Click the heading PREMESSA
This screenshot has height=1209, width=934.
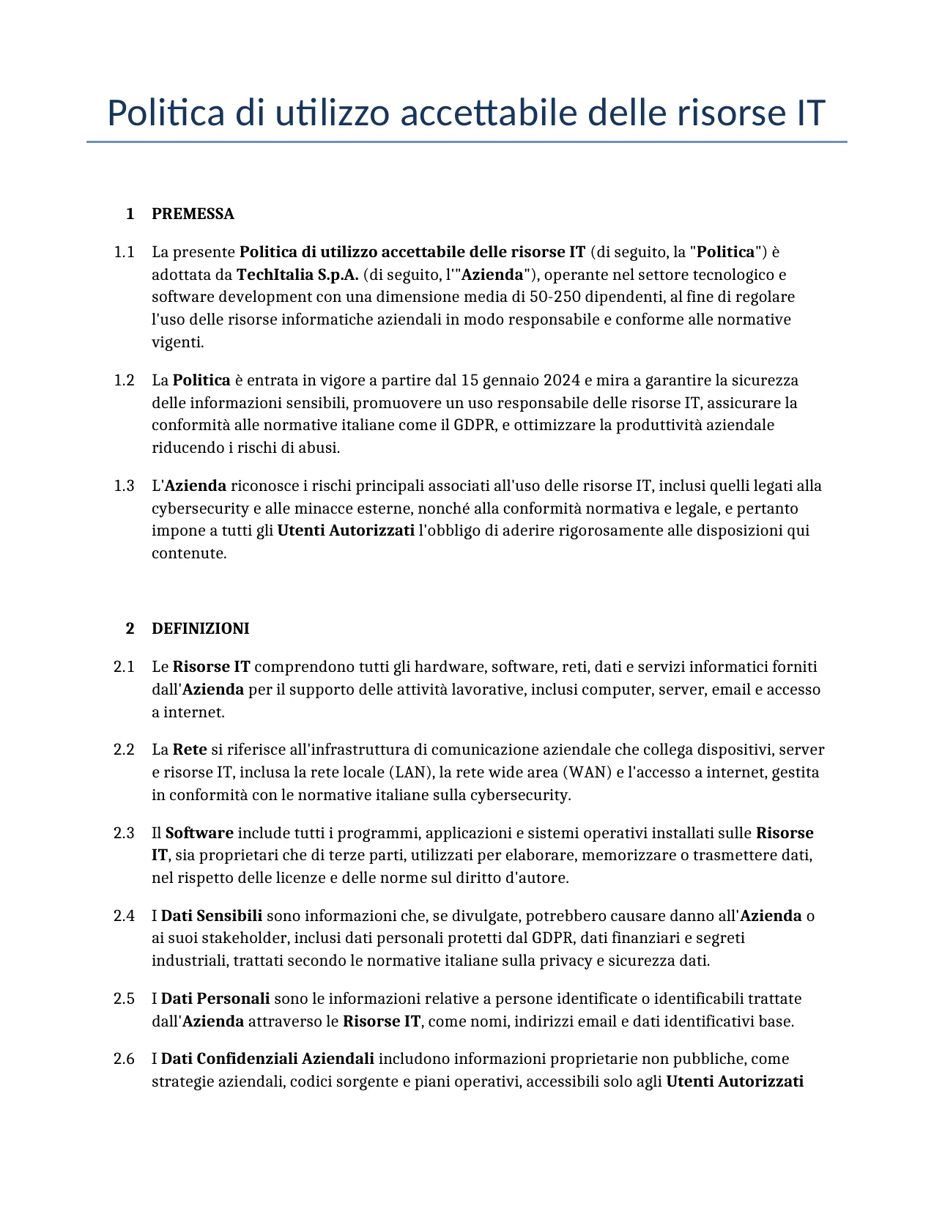193,214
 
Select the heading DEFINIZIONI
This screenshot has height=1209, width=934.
200,629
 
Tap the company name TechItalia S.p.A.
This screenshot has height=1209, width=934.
297,275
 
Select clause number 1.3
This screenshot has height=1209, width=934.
124,486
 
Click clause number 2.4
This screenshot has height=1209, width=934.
124,916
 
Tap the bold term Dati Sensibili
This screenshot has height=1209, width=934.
211,916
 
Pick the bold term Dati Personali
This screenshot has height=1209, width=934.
215,999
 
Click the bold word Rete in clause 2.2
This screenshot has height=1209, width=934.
190,750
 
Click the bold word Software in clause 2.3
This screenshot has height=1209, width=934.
199,833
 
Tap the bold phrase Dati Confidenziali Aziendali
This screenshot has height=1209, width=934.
267,1059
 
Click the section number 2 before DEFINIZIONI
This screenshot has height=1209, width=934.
130,629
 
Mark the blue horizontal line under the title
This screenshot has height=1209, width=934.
467,141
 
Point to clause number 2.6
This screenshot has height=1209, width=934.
124,1059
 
